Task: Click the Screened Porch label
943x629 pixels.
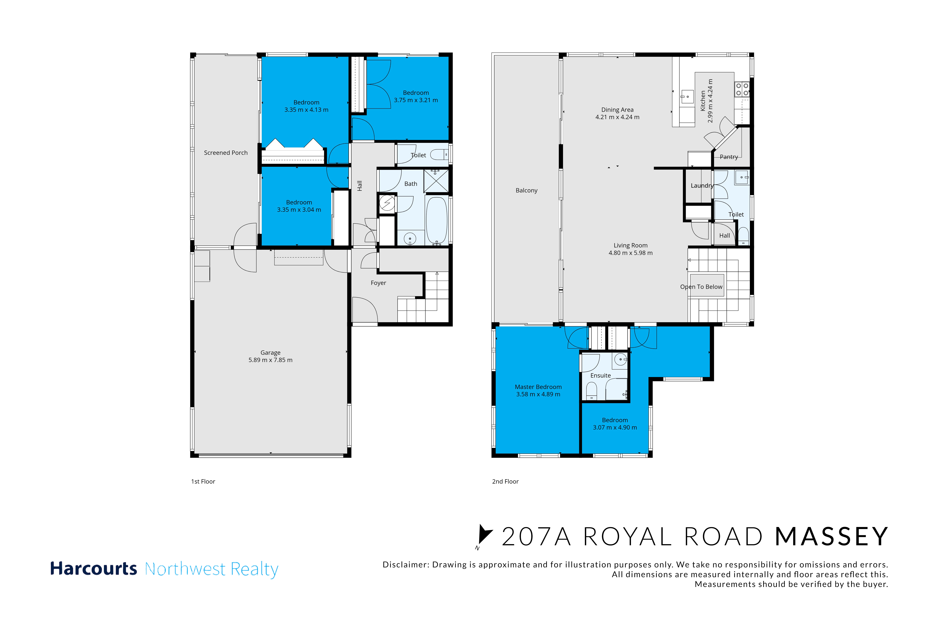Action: (x=226, y=153)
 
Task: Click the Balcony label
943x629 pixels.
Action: (x=526, y=191)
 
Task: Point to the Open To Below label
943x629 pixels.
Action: (x=701, y=287)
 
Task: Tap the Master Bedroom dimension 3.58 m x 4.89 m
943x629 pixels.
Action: (x=538, y=394)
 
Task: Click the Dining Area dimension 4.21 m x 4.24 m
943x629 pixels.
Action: (x=617, y=117)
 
